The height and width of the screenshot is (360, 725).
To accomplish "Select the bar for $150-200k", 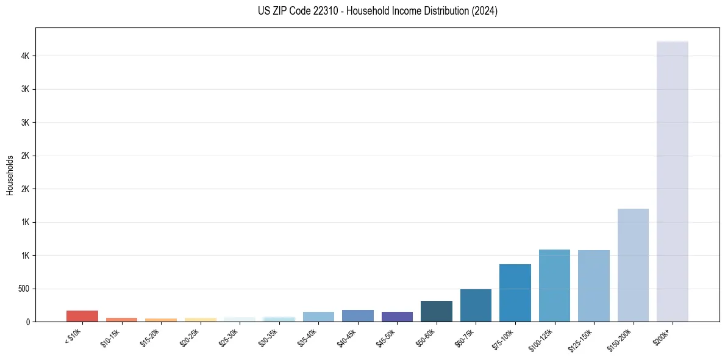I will coord(633,265).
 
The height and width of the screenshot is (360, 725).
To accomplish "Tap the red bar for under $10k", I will coord(82,316).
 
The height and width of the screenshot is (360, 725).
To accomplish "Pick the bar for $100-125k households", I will coord(554,286).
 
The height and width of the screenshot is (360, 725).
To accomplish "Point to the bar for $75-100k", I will coord(515,293).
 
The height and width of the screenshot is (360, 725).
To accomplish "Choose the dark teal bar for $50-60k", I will coord(437,311).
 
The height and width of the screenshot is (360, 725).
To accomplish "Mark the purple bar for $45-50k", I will coord(397,317).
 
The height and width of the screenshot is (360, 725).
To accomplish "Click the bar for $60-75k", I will coord(476,305).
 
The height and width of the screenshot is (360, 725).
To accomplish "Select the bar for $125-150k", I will coord(594,286).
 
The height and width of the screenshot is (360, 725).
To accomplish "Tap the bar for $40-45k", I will coord(358,315).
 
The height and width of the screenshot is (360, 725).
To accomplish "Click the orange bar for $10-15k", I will coord(121,319).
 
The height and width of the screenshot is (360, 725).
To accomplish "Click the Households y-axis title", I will coord(10,175).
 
